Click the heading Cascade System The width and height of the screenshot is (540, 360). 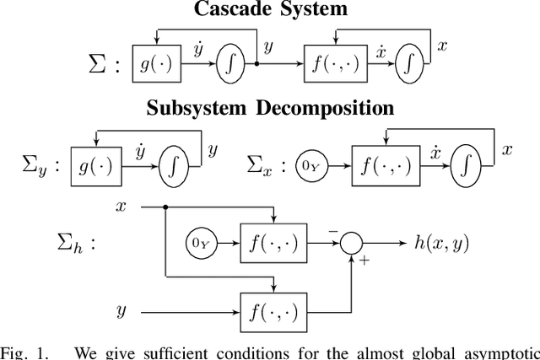tap(269, 10)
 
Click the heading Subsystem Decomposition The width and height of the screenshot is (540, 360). tap(269, 109)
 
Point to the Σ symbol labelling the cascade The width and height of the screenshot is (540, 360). tap(97, 65)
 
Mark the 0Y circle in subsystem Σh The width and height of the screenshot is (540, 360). tap(200, 243)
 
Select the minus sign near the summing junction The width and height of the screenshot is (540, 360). tap(333, 230)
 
